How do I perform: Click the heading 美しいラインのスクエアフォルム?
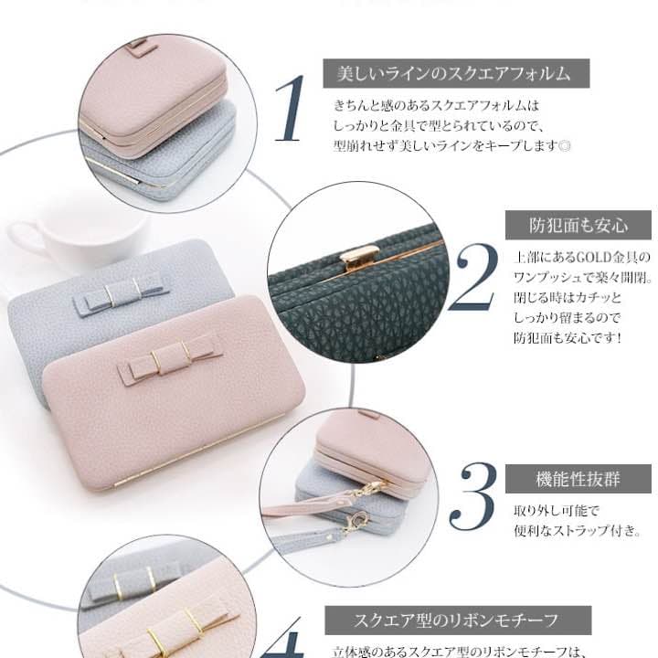click(453, 72)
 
